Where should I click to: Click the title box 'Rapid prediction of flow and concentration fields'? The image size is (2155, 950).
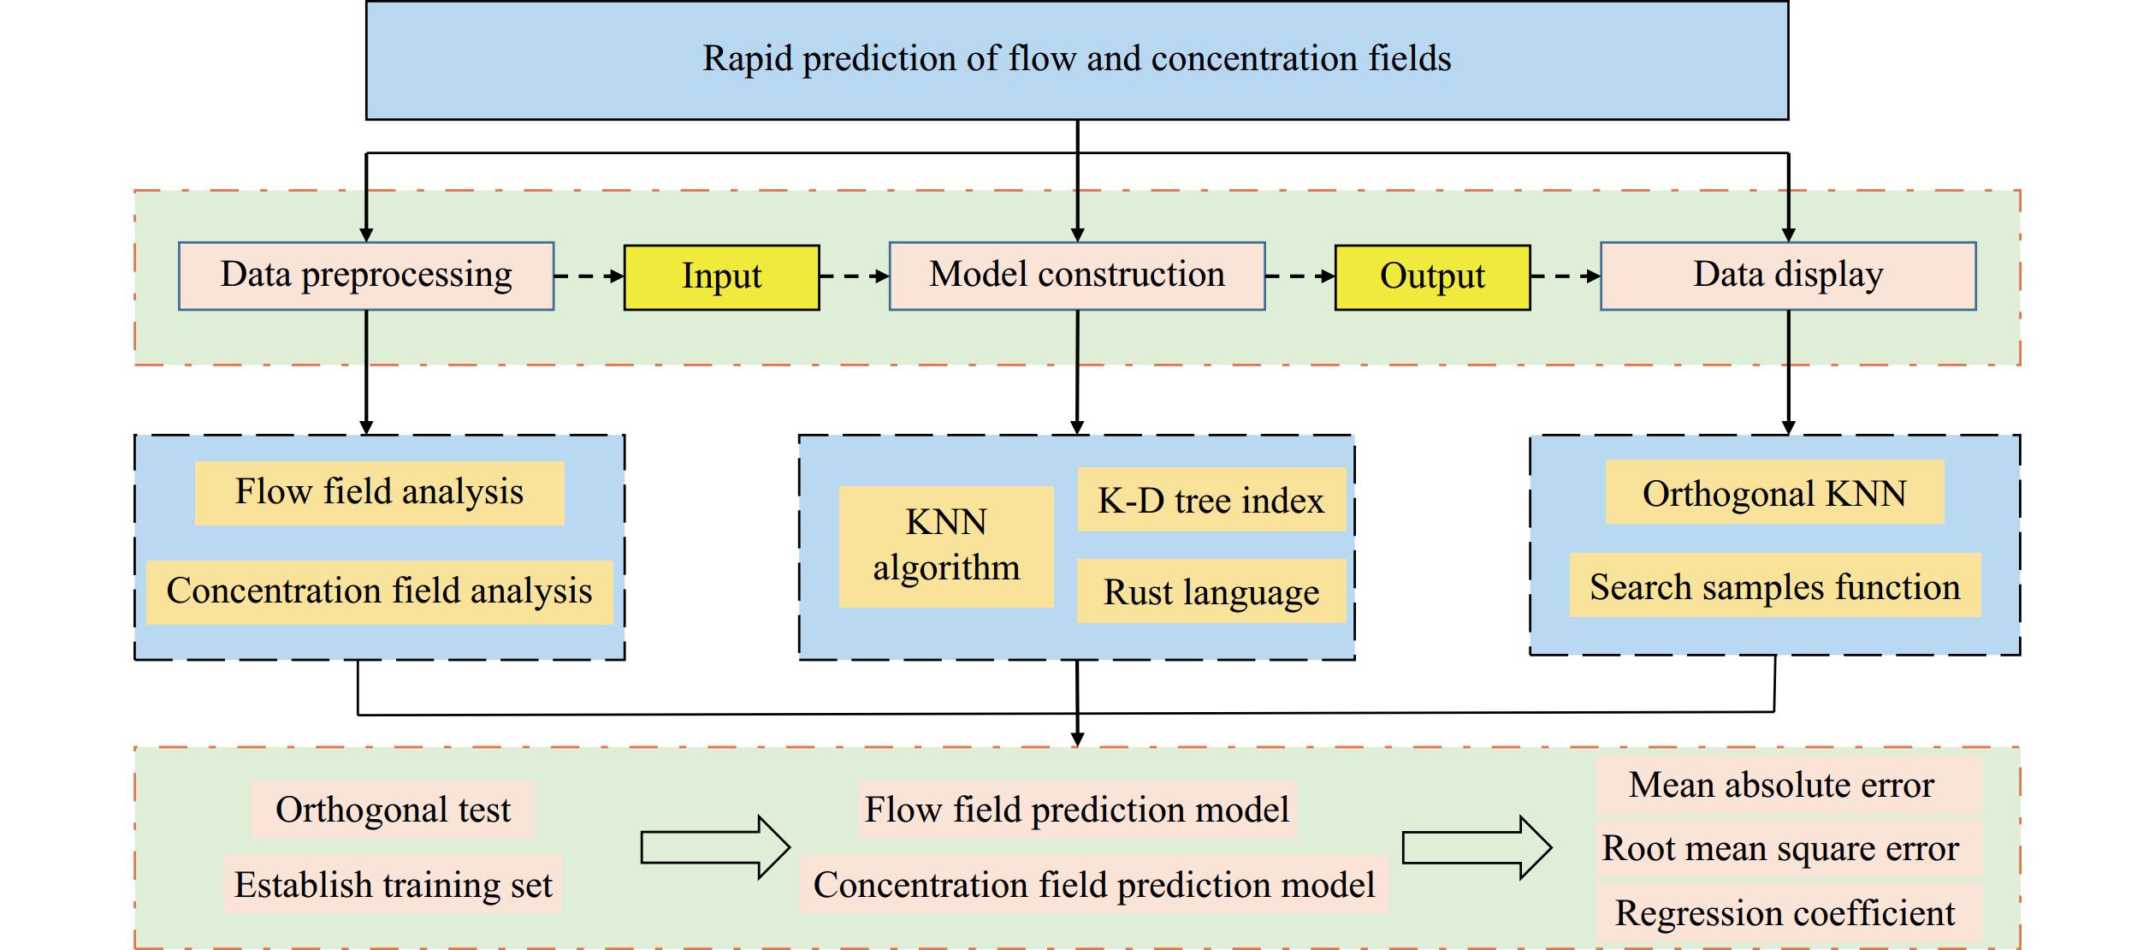1076,60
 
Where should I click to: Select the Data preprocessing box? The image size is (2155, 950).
366,276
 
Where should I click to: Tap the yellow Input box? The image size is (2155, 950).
721,277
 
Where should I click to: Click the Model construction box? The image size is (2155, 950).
1076,276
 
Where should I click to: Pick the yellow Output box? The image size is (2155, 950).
1432,277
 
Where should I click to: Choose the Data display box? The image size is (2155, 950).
1787,276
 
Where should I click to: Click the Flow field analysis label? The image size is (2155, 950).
379,493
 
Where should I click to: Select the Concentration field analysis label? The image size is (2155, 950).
379,591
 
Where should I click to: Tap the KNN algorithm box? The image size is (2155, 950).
945,546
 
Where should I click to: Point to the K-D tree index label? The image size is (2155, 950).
1211,500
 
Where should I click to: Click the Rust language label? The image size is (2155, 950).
1211,591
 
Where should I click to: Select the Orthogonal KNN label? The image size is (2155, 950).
1773,493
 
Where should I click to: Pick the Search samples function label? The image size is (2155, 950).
1774,586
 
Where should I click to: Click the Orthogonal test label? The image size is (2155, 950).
393,810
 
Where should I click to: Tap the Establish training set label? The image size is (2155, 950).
393,885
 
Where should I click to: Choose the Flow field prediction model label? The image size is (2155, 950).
1076,810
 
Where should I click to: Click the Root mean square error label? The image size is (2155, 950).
1788,849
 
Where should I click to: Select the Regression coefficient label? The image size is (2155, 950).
1788,914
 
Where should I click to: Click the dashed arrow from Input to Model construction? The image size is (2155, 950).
854,276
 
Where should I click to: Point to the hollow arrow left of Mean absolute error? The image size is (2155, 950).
1477,848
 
